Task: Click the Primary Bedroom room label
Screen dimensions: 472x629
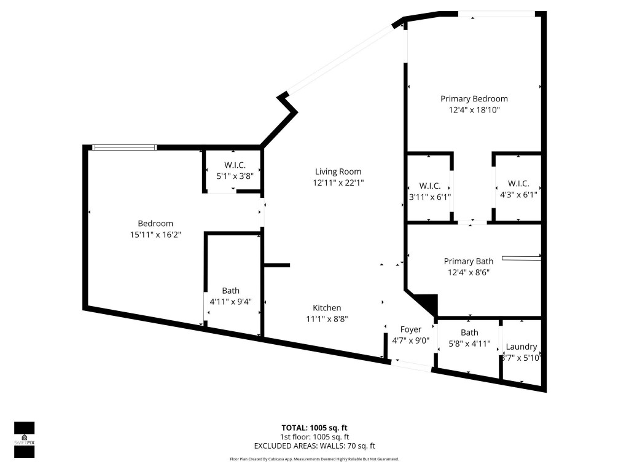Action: [x=474, y=98]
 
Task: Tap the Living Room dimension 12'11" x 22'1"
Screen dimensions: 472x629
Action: [x=338, y=183]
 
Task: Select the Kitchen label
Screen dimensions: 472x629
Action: [x=327, y=308]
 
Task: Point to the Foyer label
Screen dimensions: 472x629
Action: [x=410, y=329]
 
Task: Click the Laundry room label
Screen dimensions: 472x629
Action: [x=521, y=347]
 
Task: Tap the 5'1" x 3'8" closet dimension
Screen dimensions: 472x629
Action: [x=235, y=176]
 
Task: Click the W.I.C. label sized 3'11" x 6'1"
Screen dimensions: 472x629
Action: [x=430, y=185]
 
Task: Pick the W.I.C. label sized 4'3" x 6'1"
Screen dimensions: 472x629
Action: [x=518, y=184]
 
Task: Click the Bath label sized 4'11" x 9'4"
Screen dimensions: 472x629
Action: [x=231, y=291]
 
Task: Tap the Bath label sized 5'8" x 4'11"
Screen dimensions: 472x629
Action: [x=469, y=332]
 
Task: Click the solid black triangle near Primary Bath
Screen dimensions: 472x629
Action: [x=428, y=303]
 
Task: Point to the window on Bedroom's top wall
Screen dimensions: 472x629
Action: [x=124, y=147]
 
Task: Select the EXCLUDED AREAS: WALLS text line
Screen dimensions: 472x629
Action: [x=314, y=446]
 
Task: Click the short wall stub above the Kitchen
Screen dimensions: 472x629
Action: [x=277, y=265]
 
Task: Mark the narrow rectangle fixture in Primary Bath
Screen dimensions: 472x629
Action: [x=521, y=258]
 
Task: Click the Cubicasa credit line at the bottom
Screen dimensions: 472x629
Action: [x=314, y=459]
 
